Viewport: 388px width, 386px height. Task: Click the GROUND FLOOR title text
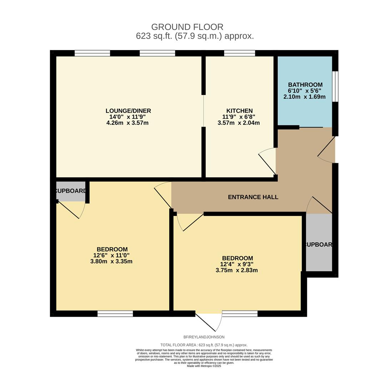(187, 27)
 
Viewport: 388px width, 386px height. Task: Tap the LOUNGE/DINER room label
(128, 111)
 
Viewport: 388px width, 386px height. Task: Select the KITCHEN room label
(239, 111)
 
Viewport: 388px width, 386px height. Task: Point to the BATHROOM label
(305, 85)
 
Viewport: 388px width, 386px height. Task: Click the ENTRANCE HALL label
(253, 197)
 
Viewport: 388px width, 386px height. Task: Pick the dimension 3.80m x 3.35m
(111, 261)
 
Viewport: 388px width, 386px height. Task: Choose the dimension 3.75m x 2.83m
(237, 270)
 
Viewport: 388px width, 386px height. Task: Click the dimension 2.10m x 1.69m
(304, 96)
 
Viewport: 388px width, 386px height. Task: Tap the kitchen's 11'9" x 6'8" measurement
(239, 117)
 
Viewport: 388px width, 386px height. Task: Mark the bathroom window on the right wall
(335, 86)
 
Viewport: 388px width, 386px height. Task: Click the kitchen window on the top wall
(240, 53)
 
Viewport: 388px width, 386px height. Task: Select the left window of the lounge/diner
(92, 53)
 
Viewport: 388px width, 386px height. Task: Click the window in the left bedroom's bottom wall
(115, 313)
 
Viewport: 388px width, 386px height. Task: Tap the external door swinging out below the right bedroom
(209, 321)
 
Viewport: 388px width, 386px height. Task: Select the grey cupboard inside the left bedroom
(71, 191)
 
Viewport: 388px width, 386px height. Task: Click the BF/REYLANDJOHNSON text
(204, 337)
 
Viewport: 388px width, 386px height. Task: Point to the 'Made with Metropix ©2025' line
(204, 366)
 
